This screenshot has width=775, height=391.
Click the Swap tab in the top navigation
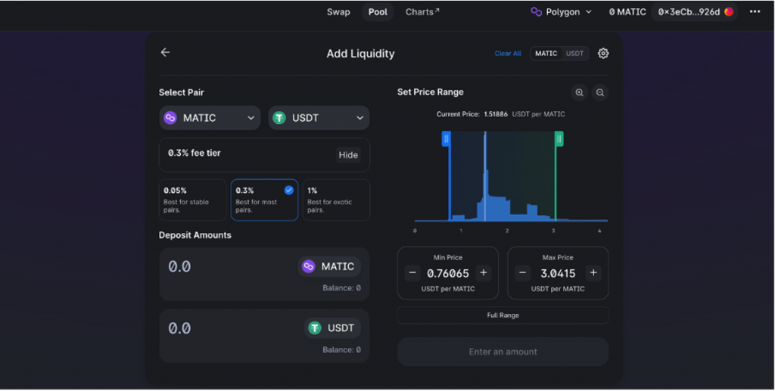338,12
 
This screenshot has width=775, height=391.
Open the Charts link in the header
422,12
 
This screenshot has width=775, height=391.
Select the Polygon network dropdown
562,12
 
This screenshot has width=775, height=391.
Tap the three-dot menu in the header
755,12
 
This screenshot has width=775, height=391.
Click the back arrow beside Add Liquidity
165,52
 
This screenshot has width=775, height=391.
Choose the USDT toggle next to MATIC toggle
575,54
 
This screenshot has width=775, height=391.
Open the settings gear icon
603,53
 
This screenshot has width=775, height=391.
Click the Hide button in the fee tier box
348,155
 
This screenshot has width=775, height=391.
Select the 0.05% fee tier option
192,200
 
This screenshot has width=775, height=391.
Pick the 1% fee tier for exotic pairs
336,200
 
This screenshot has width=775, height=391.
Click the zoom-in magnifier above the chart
579,92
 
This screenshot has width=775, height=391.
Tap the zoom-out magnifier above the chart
599,92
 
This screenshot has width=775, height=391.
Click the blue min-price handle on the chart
447,138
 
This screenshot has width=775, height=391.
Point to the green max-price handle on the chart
559,138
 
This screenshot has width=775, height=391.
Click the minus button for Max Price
522,273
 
